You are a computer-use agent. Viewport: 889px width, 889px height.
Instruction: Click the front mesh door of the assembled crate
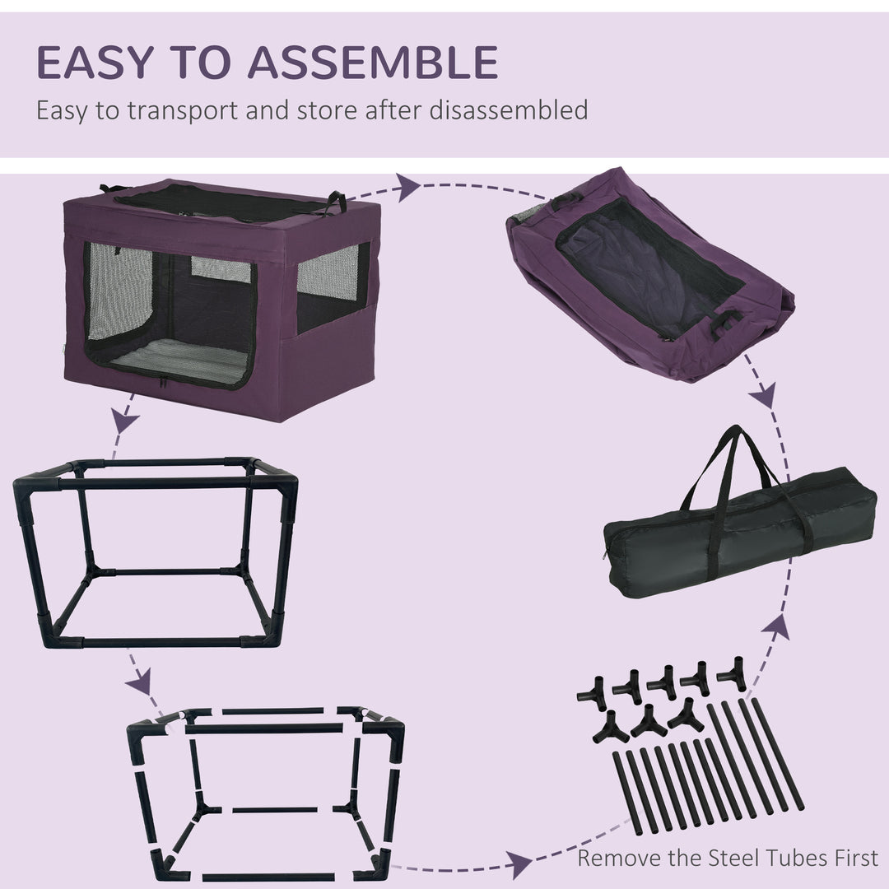pyautogui.click(x=169, y=317)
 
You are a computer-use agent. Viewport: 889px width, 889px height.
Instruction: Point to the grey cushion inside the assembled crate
pyautogui.click(x=177, y=362)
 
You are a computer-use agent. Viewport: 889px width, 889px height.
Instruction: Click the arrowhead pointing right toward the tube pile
pyautogui.click(x=519, y=864)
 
